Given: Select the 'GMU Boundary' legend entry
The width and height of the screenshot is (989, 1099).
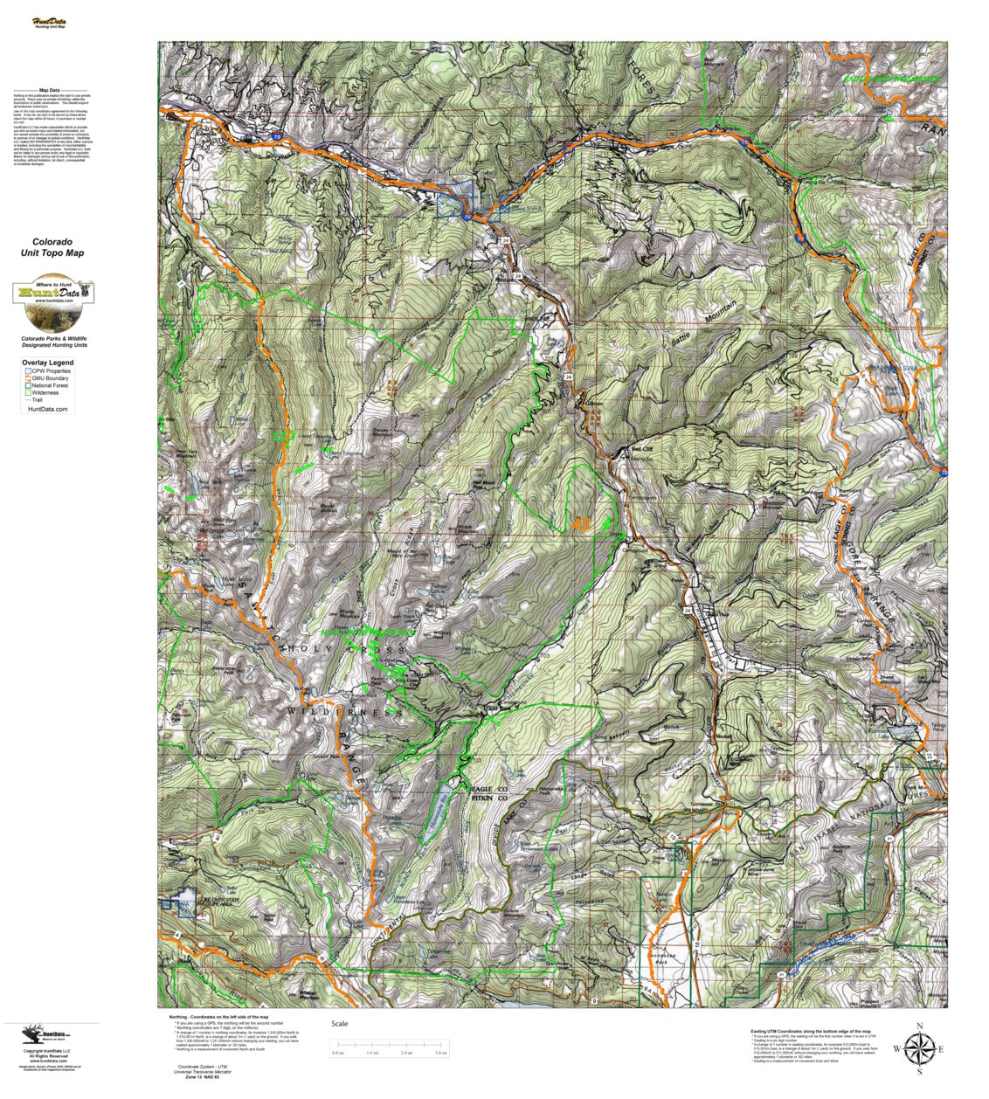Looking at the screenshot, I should [x=50, y=378].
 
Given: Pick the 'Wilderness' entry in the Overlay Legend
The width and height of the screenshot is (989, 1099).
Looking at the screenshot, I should [x=46, y=393].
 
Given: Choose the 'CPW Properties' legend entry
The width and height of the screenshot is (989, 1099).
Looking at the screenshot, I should [x=51, y=371].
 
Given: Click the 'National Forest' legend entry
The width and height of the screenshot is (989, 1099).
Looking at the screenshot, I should [x=52, y=385].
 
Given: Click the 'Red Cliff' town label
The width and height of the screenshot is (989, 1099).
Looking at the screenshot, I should [x=642, y=450].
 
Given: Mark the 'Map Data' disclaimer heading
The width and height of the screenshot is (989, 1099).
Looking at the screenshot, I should [x=50, y=90].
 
